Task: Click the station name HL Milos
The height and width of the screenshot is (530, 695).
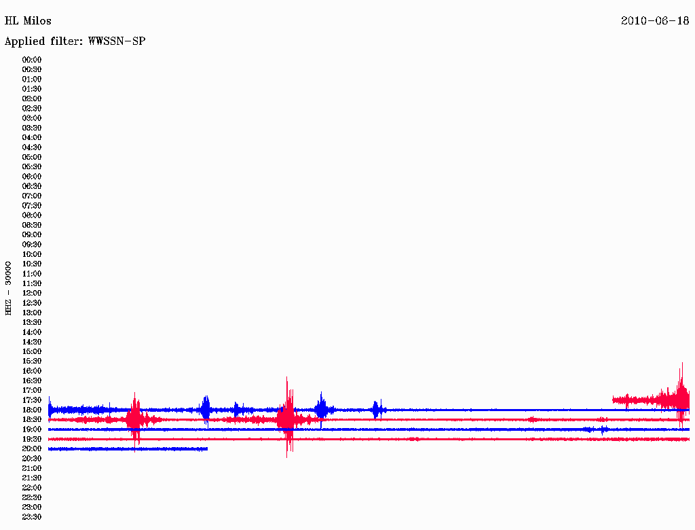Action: point(28,21)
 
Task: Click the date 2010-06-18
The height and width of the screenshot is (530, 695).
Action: point(655,21)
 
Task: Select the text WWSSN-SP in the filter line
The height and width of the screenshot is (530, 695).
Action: point(117,41)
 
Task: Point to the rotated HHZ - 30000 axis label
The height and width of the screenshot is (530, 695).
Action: point(8,288)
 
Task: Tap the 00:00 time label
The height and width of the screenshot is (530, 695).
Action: point(32,60)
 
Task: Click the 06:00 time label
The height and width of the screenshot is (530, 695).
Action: point(32,177)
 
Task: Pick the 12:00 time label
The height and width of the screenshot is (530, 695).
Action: point(32,294)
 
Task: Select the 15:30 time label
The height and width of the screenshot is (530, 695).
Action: point(32,361)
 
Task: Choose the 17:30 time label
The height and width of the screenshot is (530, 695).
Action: point(32,400)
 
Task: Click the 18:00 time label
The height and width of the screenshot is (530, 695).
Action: point(32,410)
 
